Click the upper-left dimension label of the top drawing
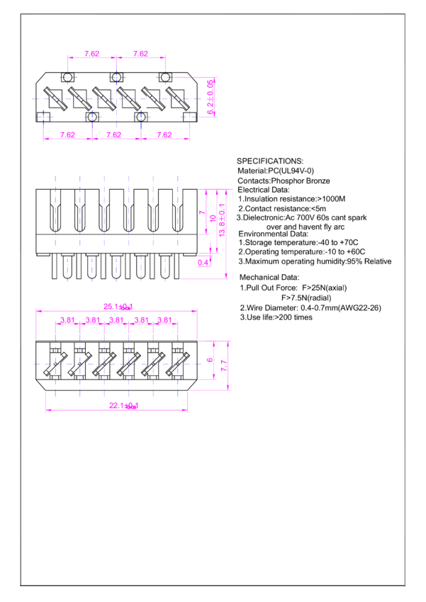(91, 54)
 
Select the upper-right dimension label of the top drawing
(140, 54)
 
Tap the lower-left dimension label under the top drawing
(67, 135)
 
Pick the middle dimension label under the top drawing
(114, 135)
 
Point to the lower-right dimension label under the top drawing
(164, 135)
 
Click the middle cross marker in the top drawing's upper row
(116, 76)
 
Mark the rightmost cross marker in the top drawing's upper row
(165, 76)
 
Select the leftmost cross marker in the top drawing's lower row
(43, 116)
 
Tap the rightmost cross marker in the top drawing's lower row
(189, 116)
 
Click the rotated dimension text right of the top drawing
(210, 96)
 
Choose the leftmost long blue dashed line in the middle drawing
(55, 210)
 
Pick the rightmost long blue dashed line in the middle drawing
(178, 210)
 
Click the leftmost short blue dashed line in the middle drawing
(67, 269)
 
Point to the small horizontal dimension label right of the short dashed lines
(204, 263)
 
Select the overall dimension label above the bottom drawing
(118, 307)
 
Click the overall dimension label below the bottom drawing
(123, 406)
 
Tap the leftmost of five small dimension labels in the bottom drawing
(67, 320)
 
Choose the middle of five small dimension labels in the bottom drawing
(116, 320)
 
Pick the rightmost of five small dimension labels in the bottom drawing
(164, 320)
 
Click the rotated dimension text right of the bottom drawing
(223, 365)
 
